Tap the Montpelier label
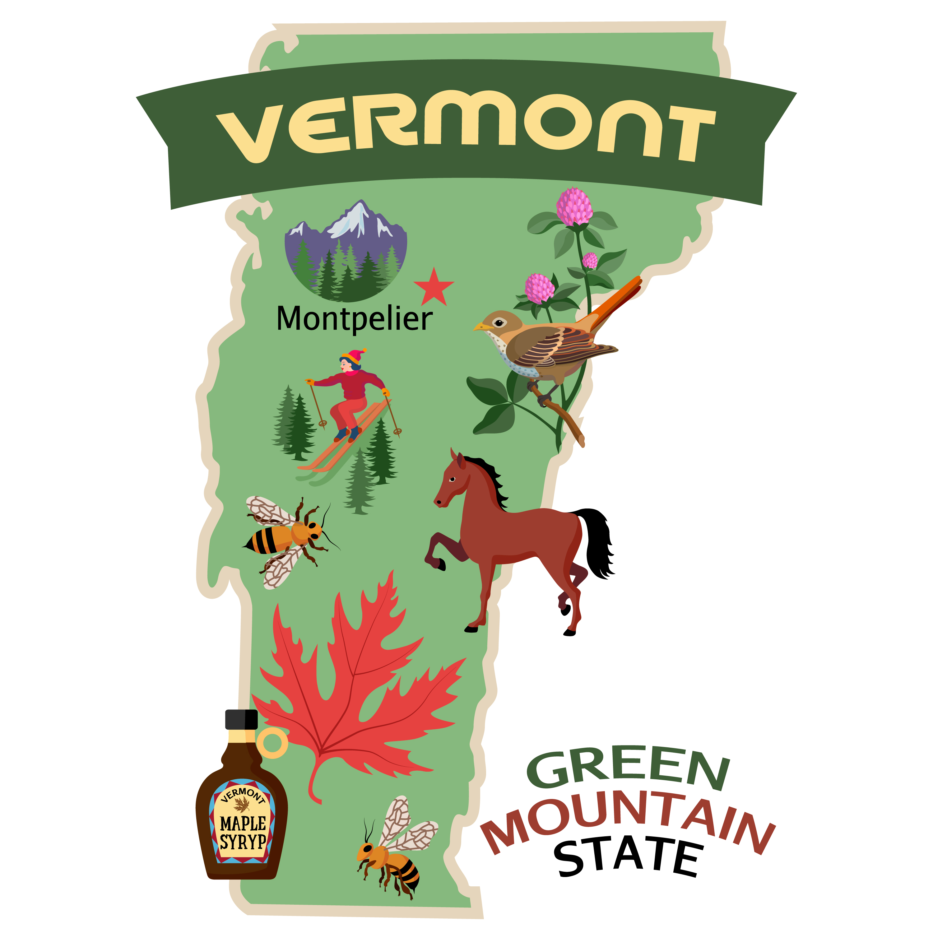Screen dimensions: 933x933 click(x=354, y=319)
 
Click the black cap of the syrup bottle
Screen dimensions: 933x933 click(x=241, y=720)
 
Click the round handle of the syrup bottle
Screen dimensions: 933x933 click(x=273, y=744)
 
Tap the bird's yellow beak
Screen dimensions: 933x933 click(x=481, y=327)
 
